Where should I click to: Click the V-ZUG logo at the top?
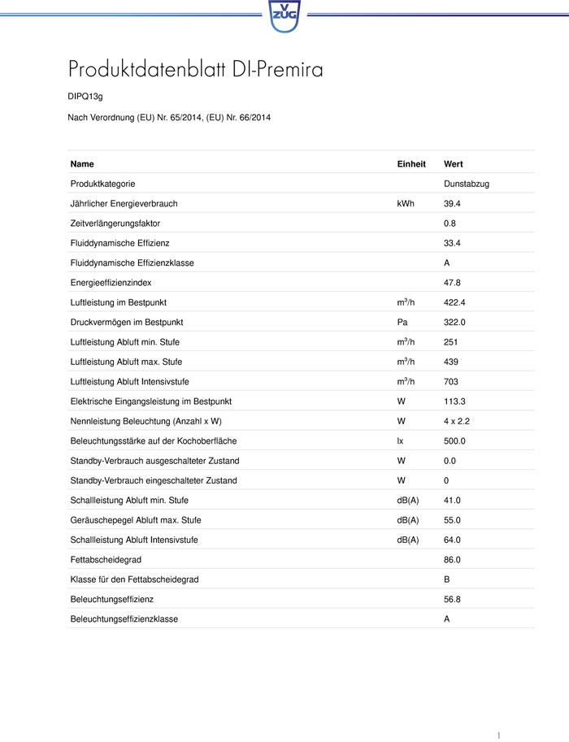[x=284, y=15]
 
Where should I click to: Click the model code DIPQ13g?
[x=85, y=97]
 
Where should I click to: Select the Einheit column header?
[x=411, y=164]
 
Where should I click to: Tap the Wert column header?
[x=454, y=164]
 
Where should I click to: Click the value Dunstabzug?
[x=467, y=184]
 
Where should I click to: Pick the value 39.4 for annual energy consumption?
[x=452, y=203]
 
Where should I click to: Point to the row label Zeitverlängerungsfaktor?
[x=115, y=223]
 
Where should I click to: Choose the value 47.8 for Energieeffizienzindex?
[x=452, y=283]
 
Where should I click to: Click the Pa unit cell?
[x=402, y=323]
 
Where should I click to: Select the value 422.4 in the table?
[x=454, y=302]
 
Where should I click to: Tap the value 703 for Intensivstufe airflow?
[x=450, y=382]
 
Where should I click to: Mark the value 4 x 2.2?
[x=458, y=421]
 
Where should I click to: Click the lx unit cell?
[x=400, y=441]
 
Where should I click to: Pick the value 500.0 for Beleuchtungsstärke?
[x=454, y=441]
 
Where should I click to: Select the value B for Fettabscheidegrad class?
[x=447, y=579]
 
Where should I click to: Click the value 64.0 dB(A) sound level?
[x=452, y=540]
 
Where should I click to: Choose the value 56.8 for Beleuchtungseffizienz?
[x=452, y=599]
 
